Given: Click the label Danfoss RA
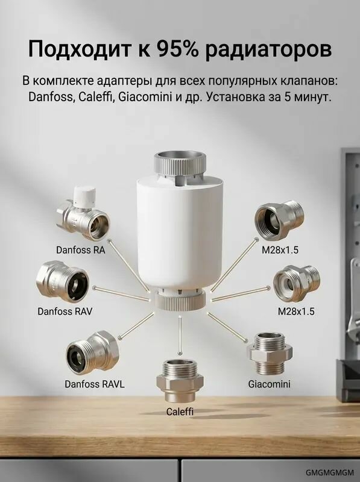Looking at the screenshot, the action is tap(81, 250).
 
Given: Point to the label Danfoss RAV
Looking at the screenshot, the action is tap(65, 311).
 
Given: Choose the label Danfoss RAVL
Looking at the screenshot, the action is tap(95, 384).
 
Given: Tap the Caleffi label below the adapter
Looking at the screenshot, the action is tap(180, 412).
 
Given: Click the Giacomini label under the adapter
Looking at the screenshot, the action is tap(269, 384).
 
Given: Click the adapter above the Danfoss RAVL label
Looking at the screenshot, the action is tap(92, 352).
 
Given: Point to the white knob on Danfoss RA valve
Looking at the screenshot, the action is tap(85, 193).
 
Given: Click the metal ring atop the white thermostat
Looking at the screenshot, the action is tap(180, 164).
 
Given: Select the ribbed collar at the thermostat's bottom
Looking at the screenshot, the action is tap(180, 301).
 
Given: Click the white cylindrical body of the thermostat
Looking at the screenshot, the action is tap(180, 234).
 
